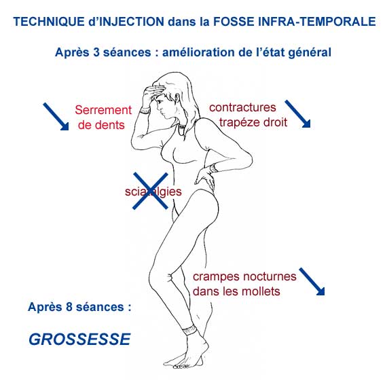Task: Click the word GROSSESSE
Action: (79, 339)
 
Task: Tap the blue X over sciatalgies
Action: (150, 191)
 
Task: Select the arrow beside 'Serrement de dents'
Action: (56, 117)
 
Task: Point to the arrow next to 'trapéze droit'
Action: (297, 114)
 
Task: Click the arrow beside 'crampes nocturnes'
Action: (312, 281)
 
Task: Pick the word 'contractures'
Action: (242, 107)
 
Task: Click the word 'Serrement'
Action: (103, 110)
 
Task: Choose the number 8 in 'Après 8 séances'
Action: (69, 307)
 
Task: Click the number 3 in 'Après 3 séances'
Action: (96, 52)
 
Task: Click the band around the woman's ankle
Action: (190, 330)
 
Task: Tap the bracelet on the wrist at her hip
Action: (214, 168)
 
